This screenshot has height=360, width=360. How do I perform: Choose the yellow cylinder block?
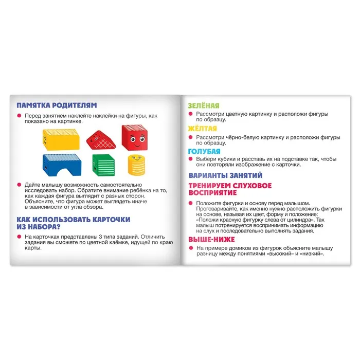pos(135,165)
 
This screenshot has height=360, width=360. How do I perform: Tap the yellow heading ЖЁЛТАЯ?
pos(202,129)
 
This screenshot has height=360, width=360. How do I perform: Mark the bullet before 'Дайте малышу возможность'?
pos(19,184)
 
